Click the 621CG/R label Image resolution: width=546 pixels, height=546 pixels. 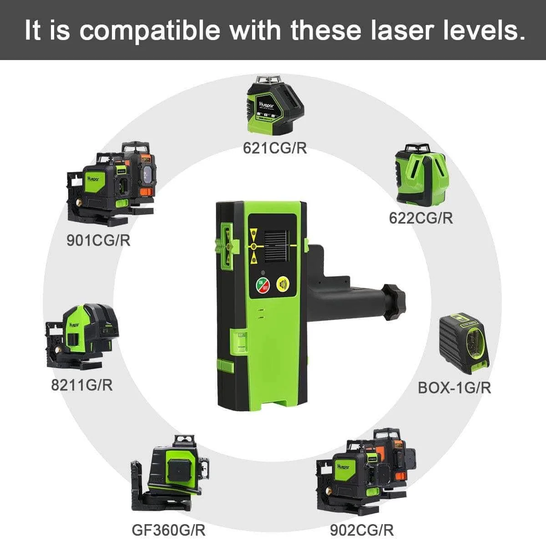point(275,148)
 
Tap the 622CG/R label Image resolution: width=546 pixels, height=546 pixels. point(421,218)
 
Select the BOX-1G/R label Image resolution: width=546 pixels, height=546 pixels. point(455,388)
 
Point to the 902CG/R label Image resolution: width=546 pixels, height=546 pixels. point(362,530)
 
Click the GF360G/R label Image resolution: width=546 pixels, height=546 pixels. point(168,530)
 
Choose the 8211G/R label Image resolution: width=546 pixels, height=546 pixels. point(81,385)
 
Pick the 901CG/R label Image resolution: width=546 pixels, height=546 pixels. point(98,240)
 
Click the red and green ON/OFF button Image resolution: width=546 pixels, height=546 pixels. point(263,285)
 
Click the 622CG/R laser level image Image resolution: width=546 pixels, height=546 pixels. point(420,175)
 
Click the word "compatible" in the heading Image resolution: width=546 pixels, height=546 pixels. point(151,30)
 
